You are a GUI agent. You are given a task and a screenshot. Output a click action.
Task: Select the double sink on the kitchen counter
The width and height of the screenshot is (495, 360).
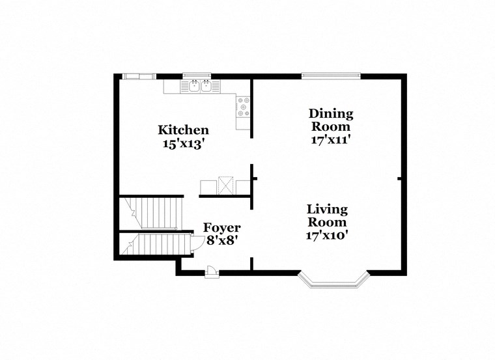(201, 86)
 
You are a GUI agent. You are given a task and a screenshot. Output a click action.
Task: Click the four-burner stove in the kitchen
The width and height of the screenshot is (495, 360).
(243, 107)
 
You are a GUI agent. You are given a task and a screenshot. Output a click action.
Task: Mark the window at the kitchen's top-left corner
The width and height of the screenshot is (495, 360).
(140, 76)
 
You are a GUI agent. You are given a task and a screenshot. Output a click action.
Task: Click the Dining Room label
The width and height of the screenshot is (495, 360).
(331, 120)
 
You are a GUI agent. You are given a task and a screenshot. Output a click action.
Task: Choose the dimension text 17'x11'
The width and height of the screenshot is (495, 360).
(331, 139)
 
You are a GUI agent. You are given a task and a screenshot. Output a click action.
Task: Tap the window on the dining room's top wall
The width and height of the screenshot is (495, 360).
(331, 76)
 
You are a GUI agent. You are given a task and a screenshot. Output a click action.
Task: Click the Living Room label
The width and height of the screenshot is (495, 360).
(327, 216)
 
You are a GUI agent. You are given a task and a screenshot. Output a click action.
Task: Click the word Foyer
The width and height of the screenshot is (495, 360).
(221, 228)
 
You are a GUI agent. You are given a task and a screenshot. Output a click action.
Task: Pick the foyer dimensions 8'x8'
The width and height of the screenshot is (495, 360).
(221, 240)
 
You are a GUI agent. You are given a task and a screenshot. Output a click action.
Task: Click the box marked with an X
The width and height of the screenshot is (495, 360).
(227, 184)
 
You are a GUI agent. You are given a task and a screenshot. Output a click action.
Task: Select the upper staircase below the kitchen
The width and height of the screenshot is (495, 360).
(156, 212)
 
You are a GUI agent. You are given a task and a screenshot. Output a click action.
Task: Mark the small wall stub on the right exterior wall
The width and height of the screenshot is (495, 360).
(400, 178)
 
